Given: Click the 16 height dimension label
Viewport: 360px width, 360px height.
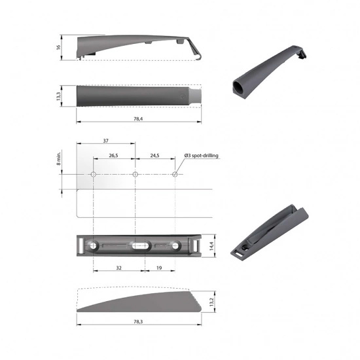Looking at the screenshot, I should [x=58, y=47].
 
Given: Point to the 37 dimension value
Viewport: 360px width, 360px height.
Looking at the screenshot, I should [x=105, y=141].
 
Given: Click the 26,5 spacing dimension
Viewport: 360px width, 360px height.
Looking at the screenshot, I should [x=113, y=156].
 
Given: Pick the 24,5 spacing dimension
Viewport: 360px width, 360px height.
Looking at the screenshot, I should [x=154, y=156].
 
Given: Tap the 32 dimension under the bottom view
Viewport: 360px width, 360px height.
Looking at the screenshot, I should [x=118, y=268].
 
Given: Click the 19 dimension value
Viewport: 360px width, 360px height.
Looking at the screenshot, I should [x=160, y=268].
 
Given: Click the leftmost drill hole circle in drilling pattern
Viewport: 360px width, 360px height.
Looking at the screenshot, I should [x=94, y=175].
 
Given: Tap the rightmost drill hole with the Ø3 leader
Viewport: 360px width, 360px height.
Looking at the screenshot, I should [x=175, y=175].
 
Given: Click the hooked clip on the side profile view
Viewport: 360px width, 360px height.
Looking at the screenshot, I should [x=194, y=52].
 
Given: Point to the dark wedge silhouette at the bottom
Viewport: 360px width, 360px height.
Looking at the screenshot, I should [x=131, y=304].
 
